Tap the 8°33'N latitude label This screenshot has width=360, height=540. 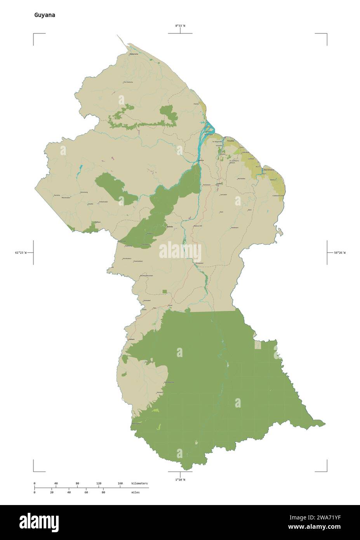180,26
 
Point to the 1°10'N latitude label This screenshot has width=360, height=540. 180,479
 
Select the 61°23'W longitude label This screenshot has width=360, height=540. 21,253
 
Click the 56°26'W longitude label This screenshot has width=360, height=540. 339,253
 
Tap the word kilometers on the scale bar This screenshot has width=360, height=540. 139,483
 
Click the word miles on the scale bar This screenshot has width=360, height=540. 135,492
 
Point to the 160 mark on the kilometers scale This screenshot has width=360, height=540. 120,483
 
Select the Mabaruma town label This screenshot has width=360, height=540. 134,54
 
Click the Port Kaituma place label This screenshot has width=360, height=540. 128,82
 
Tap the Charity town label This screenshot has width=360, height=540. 196,104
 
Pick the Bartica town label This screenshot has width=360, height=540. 201,160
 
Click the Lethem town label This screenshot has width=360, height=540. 132,339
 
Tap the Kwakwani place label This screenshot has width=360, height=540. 234,228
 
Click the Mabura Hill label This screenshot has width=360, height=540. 198,226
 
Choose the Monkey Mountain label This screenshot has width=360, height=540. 147,275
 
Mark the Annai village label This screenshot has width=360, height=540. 170,305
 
